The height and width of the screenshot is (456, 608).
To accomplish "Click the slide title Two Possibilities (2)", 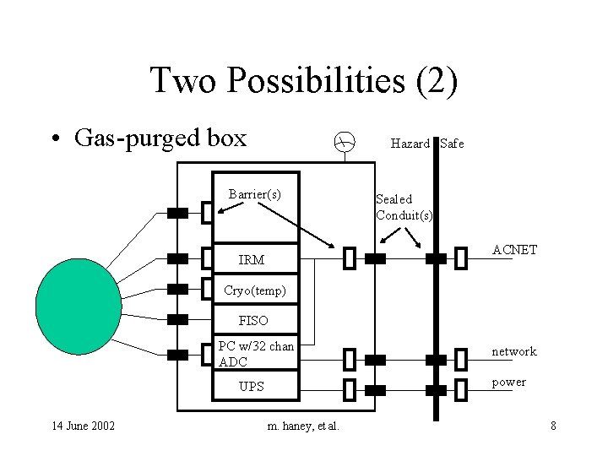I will point(303,81).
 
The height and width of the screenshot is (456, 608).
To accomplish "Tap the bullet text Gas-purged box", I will point(160,138).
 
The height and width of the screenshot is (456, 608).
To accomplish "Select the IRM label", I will point(252,260).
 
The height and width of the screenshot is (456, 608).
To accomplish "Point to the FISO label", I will point(253,321).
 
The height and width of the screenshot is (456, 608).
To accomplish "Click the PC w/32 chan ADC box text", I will point(256,354).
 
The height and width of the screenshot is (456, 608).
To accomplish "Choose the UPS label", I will point(252,387).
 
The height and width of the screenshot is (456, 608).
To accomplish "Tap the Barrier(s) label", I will point(254,194).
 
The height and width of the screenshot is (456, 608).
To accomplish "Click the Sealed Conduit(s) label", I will point(404,207).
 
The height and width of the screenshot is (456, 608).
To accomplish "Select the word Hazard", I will point(410,144).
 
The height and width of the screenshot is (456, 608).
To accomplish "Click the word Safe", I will point(452,144).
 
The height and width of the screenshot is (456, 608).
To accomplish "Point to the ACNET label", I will point(514,251).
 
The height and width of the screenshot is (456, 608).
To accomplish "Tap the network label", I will point(514,351).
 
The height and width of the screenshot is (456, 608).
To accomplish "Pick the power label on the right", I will point(509,382).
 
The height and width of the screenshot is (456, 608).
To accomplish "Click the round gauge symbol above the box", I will point(342,143).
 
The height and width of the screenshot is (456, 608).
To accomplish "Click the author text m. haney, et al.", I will point(303,426).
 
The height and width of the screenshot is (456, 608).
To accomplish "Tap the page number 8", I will point(553,426).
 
